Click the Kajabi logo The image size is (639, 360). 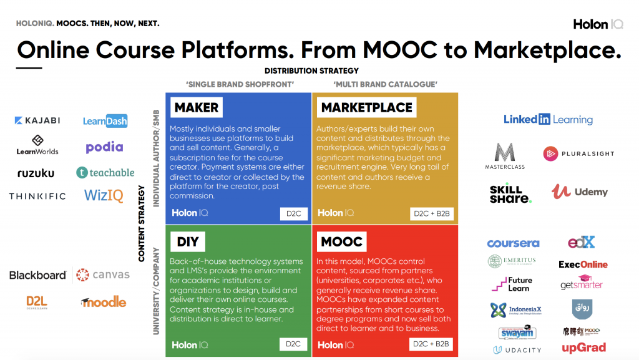pos(37,120)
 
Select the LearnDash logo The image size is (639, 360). pos(105,120)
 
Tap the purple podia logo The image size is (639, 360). pos(104,147)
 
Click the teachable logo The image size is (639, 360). pos(105,172)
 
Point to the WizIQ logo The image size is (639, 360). pos(104,195)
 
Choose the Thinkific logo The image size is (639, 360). pos(37,196)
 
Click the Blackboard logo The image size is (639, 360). pos(37,275)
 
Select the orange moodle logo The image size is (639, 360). pos(104,302)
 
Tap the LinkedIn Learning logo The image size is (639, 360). pos(548,119)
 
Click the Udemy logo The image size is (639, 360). pos(579,192)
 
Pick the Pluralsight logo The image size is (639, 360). pos(578,153)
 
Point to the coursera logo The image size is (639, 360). pos(513,243)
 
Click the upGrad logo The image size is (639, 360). pos(583,348)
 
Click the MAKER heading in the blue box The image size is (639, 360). pos(197,107)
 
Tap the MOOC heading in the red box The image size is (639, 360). pos(341,241)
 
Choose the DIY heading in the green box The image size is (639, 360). pos(187,241)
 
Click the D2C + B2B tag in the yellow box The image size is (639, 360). pos(432,214)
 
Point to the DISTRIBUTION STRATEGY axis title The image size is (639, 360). pos(311,71)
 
